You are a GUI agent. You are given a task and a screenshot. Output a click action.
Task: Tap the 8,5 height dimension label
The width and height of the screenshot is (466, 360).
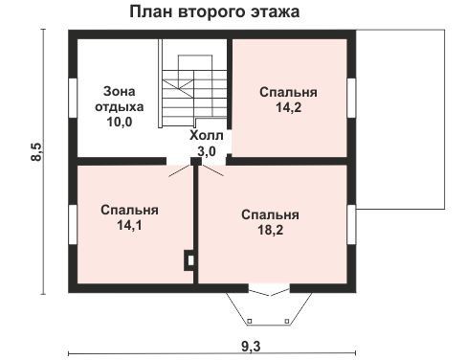(36, 151)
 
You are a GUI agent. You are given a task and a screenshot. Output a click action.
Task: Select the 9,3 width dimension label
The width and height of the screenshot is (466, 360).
(251, 346)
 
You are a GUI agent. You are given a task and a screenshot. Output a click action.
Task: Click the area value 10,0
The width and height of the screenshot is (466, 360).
(120, 122)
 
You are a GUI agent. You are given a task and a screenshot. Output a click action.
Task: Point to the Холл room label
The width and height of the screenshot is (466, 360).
(207, 136)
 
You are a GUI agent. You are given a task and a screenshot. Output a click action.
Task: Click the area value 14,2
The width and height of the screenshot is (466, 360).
(288, 107)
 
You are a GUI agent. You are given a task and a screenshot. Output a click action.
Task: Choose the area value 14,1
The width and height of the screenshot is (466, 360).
(129, 225)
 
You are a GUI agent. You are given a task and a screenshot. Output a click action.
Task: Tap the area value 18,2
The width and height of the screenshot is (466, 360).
(270, 230)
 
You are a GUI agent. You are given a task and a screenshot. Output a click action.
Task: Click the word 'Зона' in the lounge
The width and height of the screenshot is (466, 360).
(120, 92)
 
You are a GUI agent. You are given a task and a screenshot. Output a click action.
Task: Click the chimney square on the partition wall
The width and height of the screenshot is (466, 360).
(189, 260)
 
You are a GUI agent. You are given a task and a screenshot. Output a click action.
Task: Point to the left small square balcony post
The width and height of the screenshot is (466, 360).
(250, 321)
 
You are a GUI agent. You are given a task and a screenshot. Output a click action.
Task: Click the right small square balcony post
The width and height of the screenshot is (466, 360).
(287, 321)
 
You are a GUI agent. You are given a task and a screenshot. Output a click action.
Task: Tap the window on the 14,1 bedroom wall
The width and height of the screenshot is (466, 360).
(73, 224)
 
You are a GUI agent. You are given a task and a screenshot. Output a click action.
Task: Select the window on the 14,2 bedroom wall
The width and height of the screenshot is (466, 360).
(351, 98)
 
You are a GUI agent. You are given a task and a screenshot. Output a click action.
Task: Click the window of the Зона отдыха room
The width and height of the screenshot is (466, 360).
(73, 98)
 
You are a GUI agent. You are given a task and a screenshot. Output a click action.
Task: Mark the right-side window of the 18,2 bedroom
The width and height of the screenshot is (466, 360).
(351, 224)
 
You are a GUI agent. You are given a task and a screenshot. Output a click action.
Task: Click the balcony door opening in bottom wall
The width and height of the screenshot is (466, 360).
(269, 289)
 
